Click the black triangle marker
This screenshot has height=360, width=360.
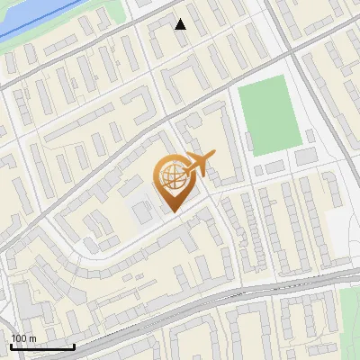181,24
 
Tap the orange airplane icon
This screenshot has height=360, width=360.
199,165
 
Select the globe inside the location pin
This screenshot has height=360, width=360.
171,176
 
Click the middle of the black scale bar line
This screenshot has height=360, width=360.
41,346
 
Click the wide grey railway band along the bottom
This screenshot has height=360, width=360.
180,310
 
